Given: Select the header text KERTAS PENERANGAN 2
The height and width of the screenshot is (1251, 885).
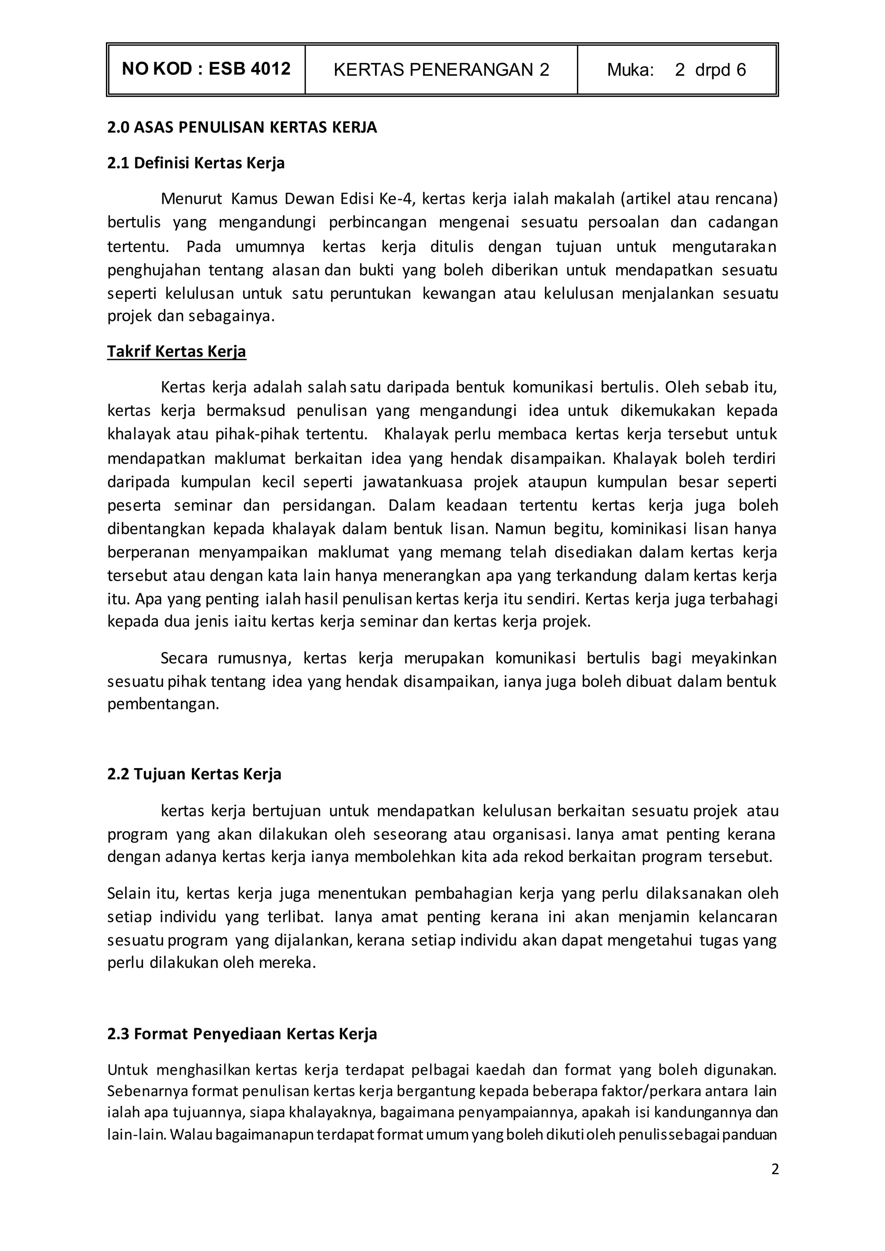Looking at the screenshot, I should click(441, 70).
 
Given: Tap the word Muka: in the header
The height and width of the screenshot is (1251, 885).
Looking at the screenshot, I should click(630, 70).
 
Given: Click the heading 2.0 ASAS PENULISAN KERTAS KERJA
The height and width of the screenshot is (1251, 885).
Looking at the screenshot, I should click(242, 127).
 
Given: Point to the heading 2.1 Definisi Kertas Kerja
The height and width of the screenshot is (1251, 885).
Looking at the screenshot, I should click(196, 163).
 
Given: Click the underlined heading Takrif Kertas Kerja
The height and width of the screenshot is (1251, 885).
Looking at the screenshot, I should click(177, 352).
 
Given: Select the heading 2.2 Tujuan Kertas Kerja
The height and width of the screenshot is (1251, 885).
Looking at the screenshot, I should click(194, 774).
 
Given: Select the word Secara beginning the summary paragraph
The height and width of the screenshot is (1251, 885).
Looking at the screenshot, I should click(184, 658).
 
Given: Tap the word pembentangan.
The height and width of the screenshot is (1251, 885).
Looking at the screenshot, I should click(163, 704).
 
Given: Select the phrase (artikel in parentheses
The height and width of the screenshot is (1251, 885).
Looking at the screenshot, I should click(646, 199).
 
